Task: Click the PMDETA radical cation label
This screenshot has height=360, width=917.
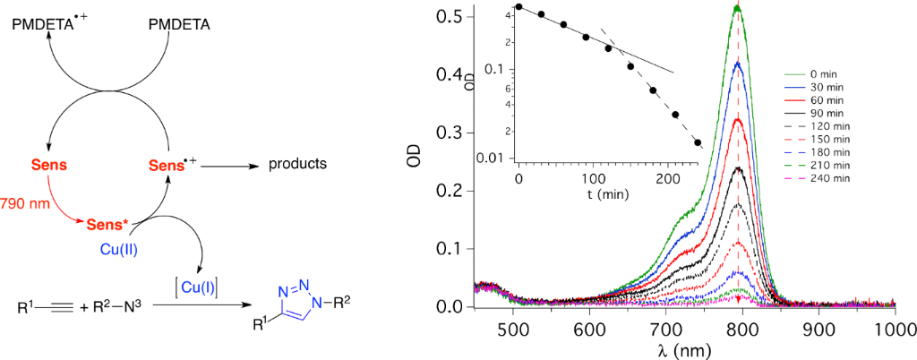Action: tap(50, 24)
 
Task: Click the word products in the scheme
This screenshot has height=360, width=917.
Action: tap(297, 165)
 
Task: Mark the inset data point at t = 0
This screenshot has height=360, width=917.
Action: tap(519, 7)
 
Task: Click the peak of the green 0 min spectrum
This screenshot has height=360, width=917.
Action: tap(737, 8)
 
